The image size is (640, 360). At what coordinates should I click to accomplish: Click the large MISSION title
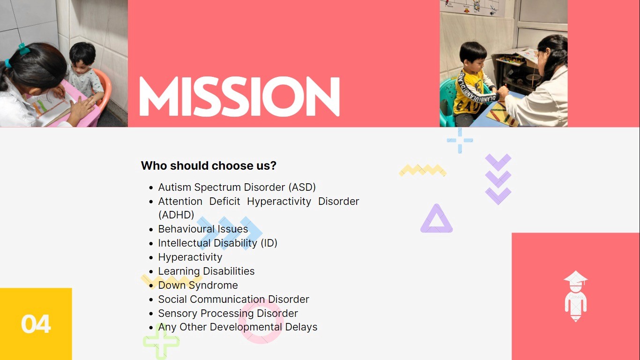pos(239,97)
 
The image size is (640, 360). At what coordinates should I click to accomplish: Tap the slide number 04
pos(36,324)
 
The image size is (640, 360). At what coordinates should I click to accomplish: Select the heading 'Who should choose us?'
pos(208,165)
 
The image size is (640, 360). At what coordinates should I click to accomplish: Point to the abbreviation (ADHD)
pos(176,215)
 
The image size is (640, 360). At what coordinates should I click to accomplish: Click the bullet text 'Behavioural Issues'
pos(203,229)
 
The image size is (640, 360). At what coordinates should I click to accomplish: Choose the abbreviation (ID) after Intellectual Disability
pos(269,243)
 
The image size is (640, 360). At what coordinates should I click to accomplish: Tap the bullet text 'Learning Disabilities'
pos(206,271)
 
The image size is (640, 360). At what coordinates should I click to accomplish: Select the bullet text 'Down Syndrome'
pos(198,285)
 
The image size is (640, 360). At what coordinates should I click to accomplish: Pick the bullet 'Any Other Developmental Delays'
pos(238,327)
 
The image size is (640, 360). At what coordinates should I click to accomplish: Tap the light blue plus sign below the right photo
pos(460,141)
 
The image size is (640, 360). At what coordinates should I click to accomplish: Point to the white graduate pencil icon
pos(575,296)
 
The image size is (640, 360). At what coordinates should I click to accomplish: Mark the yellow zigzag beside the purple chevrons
pos(423,171)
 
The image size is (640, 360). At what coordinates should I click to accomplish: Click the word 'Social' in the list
pos(172,300)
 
